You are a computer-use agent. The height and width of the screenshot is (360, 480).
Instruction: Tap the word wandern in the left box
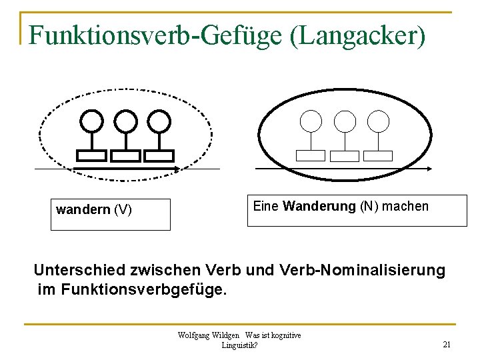click(83, 211)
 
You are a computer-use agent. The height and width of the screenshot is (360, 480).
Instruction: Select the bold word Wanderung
click(319, 207)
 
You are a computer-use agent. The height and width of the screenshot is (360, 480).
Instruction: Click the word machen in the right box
click(405, 207)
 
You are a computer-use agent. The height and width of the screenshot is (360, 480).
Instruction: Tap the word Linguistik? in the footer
click(240, 345)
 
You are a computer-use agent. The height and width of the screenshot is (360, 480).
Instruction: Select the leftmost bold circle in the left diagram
click(91, 121)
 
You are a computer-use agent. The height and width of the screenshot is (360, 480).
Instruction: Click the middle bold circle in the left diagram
click(125, 121)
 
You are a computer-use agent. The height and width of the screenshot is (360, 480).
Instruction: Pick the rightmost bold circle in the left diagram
click(159, 121)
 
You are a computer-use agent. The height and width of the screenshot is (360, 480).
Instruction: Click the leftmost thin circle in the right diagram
click(311, 121)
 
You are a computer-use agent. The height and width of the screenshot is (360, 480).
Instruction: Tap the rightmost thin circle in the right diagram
click(378, 121)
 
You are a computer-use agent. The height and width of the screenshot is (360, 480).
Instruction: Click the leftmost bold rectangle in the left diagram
click(91, 156)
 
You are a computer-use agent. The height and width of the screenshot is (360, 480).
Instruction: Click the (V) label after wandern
click(123, 211)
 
